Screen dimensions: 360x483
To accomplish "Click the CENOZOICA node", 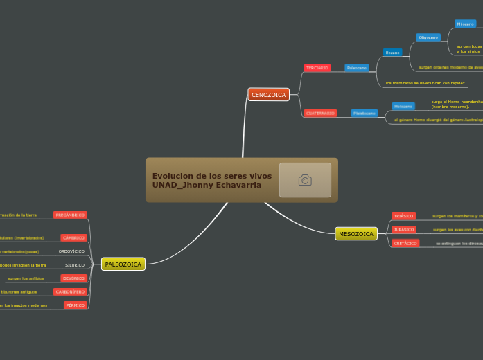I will point(268,94).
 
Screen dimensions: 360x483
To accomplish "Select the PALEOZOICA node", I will point(123,264).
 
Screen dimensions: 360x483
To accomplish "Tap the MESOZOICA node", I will point(356,234).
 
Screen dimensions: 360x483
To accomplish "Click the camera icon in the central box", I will point(305,180).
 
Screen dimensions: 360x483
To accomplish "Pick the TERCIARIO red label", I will point(317,68).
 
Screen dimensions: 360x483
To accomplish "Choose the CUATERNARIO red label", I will point(320,113).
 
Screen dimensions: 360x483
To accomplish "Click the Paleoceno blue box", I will point(357,68).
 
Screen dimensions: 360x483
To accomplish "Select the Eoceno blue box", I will point(392,53).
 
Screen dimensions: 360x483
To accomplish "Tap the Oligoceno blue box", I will point(428,37).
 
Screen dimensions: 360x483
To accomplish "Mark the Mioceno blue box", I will point(465,24).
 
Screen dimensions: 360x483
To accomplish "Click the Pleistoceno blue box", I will point(364,113).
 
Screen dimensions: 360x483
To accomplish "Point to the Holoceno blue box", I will point(403,107).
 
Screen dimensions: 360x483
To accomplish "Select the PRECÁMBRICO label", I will point(70,215).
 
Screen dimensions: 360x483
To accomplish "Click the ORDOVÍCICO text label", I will point(71,251).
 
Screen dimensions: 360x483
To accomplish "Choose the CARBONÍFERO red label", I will point(70,292).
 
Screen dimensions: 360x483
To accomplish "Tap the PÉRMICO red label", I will point(75,305).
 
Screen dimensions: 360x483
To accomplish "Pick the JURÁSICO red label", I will point(403,229).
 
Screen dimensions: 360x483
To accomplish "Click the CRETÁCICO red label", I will point(405,244).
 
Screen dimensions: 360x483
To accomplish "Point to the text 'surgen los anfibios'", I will point(26,278).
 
